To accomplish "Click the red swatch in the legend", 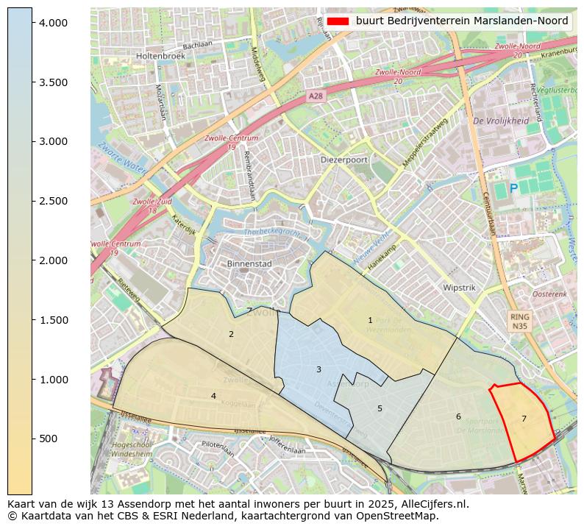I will click(x=338, y=21).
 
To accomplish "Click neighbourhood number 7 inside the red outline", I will click(x=524, y=419).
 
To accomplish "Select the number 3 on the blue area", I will click(x=318, y=369).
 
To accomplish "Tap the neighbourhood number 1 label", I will click(x=370, y=320).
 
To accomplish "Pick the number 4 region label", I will click(x=213, y=396).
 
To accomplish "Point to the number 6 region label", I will click(x=458, y=416).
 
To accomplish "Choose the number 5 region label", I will click(x=380, y=408).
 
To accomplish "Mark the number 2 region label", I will click(x=231, y=334).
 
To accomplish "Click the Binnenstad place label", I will click(x=249, y=263).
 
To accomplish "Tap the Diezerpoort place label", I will click(x=344, y=159).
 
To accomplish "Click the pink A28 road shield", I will click(x=316, y=96).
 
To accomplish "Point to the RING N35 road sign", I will click(x=520, y=321).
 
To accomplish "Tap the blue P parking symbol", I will click(x=513, y=188).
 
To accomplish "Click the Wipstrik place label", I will click(x=461, y=288).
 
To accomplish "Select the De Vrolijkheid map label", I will click(x=501, y=121).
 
